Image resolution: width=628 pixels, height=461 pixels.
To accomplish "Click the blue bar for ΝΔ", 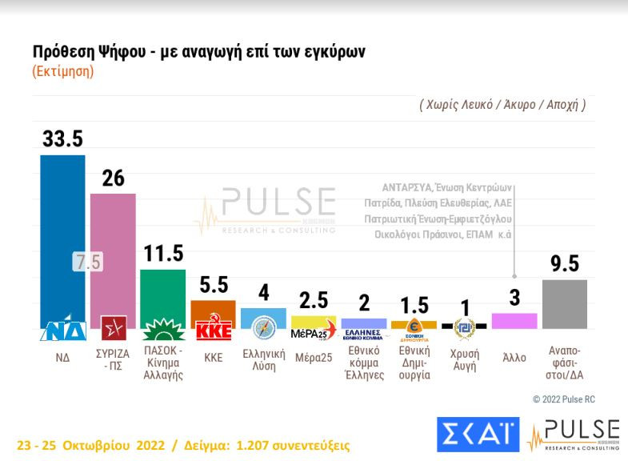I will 62,232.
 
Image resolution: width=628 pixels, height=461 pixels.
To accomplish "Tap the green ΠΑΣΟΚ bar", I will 162,292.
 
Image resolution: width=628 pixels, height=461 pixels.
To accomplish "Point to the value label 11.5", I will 163,254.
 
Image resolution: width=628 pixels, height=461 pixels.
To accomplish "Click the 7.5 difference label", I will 87,262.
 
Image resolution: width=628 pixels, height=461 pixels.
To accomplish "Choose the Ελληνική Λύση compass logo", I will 263,329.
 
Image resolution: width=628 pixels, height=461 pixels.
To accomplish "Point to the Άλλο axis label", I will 514,358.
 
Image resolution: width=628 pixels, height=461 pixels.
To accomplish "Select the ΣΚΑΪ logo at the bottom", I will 478,433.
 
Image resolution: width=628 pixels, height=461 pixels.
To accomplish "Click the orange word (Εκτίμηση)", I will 63,71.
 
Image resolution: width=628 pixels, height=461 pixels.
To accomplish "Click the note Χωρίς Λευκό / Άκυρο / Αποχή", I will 502,104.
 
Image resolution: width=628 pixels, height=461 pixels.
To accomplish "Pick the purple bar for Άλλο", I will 514,321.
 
